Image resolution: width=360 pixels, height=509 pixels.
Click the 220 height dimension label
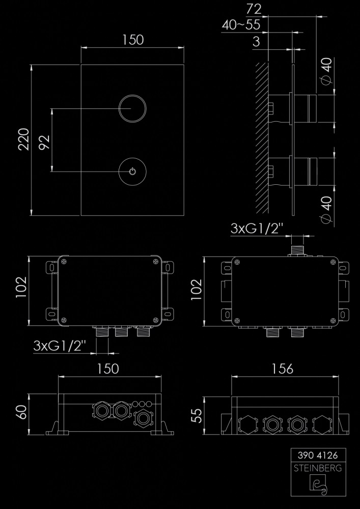point(24,139)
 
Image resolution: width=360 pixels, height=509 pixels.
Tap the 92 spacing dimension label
point(44,142)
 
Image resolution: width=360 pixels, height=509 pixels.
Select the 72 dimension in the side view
point(254,9)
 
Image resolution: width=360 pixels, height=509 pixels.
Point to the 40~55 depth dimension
point(241,24)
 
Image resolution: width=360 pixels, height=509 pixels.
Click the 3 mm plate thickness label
point(256,42)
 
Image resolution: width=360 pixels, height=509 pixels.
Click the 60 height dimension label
point(22,412)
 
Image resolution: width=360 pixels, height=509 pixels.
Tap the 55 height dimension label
point(197,415)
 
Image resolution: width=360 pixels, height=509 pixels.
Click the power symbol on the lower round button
point(132,172)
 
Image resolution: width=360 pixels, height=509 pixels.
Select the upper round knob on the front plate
point(132,109)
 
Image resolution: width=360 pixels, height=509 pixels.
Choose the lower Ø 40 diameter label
point(327,210)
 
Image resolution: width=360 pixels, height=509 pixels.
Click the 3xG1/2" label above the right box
point(257,229)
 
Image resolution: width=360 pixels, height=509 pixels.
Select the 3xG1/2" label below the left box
point(60,346)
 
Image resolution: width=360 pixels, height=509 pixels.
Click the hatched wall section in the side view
point(262,138)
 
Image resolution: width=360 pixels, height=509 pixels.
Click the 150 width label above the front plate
point(133,40)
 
